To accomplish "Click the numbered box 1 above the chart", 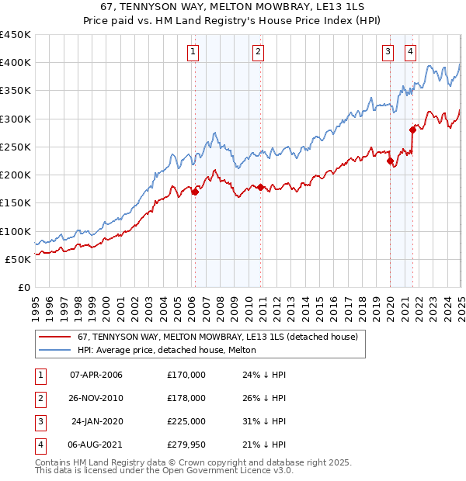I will pos(192,52).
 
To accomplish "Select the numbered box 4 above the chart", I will pos(409,52).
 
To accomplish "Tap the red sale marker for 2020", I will pos(390,161).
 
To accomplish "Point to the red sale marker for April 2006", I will pos(195,192).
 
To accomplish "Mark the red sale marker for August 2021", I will pos(412,130).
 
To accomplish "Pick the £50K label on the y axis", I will pos(19,259).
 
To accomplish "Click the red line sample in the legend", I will pos(54,337).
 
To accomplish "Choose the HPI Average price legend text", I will pos(167,351).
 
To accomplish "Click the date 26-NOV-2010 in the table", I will pos(96,398).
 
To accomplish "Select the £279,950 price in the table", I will pos(186,445).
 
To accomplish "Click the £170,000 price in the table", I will pos(186,375).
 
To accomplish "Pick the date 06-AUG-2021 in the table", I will pos(96,445).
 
